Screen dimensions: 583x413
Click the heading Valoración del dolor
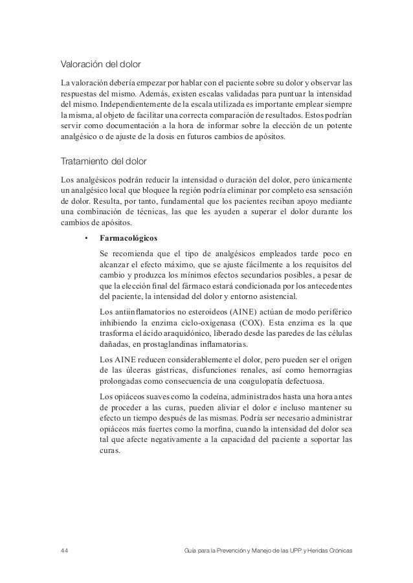point(101,65)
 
